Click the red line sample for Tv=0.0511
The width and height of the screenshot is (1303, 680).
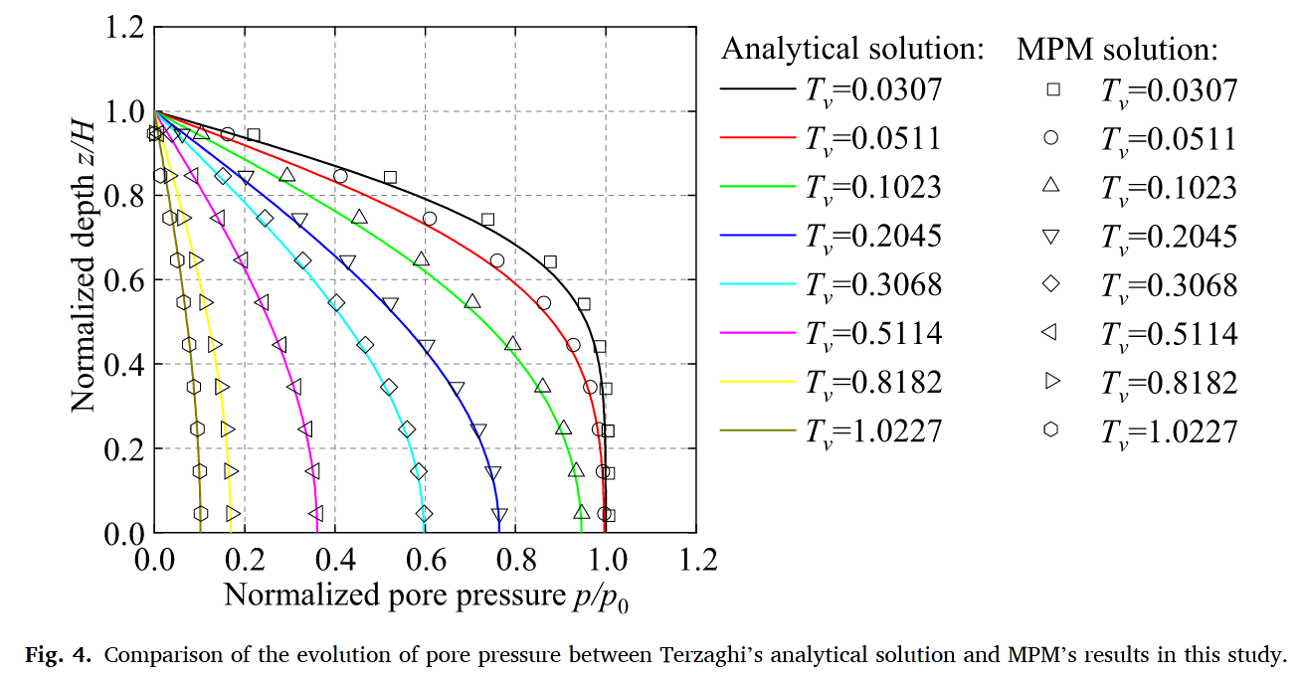point(758,138)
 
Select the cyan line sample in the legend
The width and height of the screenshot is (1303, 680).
point(758,284)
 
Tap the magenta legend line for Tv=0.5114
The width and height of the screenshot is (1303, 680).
point(758,333)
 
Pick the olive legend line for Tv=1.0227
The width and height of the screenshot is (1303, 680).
point(758,430)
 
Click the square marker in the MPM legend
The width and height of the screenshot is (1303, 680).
point(1052,89)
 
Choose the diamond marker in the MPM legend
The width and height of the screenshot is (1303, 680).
point(1052,284)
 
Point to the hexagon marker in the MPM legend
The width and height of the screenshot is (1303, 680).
point(1052,430)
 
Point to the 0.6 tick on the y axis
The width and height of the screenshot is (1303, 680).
point(123,280)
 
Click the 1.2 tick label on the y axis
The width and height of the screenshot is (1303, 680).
point(123,27)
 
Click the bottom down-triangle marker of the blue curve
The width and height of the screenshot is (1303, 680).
point(499,515)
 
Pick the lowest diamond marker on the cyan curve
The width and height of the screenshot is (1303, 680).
point(425,514)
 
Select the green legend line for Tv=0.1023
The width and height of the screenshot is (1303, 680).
point(758,187)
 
